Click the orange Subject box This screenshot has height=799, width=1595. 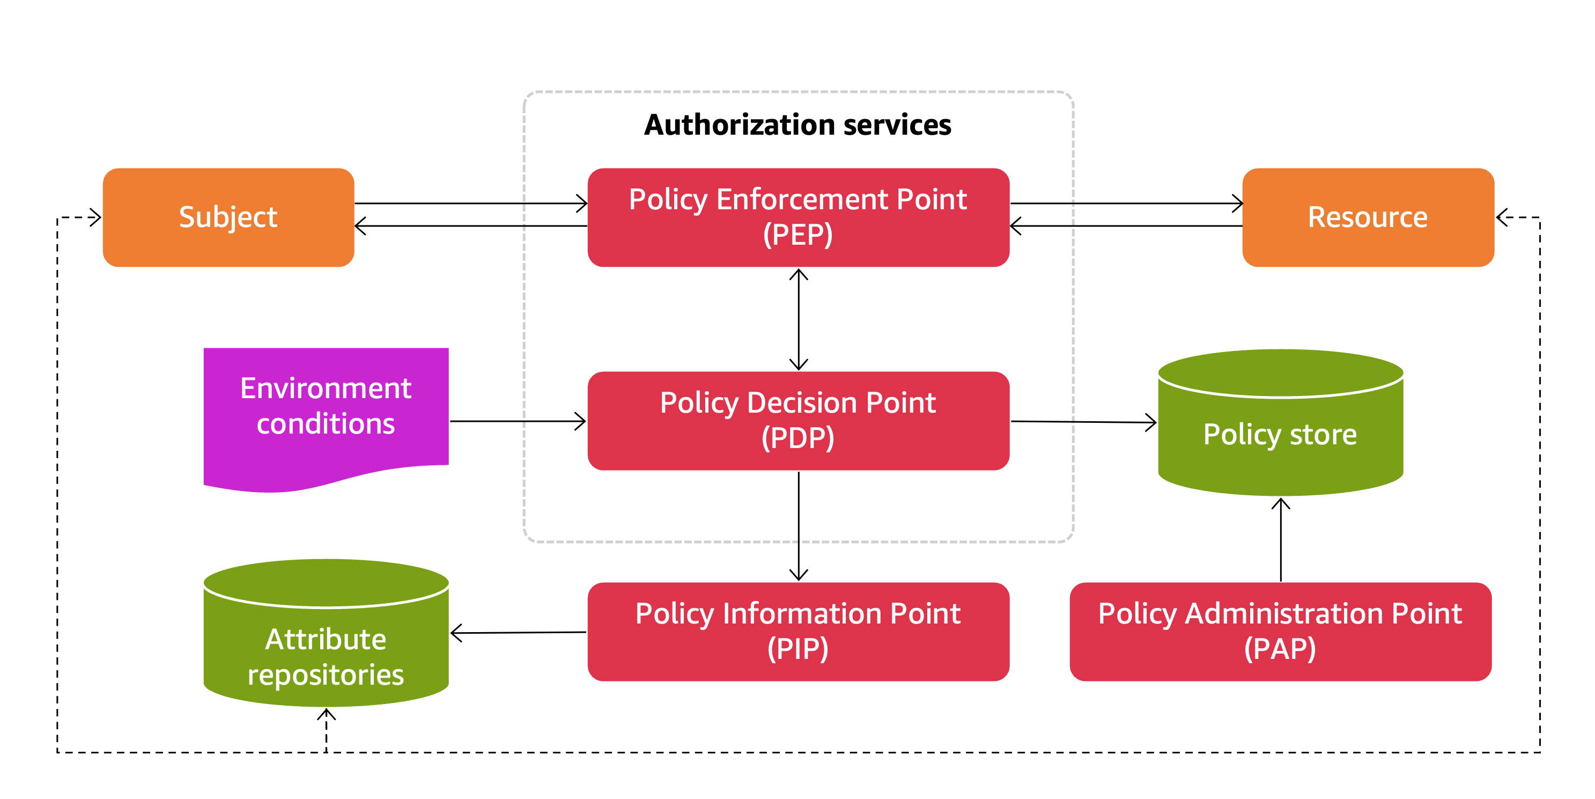(x=228, y=217)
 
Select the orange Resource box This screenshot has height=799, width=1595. (x=1368, y=217)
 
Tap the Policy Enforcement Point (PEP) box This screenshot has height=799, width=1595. (x=798, y=217)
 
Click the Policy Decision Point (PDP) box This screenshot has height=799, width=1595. (x=798, y=421)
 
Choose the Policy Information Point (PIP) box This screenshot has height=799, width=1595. (x=798, y=631)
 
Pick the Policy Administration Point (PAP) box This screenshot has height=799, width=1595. (x=1280, y=631)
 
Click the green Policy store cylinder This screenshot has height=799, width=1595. (x=1280, y=434)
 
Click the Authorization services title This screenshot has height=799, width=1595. (x=797, y=124)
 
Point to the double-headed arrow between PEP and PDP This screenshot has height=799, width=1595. (x=799, y=319)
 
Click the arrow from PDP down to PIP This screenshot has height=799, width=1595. (x=799, y=526)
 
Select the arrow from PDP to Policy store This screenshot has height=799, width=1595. (x=1083, y=422)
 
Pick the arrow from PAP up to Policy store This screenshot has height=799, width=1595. (x=1281, y=539)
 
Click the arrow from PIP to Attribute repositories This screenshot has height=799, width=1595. (x=518, y=633)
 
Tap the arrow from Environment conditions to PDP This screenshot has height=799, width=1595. (x=518, y=421)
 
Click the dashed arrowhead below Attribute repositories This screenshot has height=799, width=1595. (x=326, y=716)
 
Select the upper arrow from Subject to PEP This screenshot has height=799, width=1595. (x=470, y=203)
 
